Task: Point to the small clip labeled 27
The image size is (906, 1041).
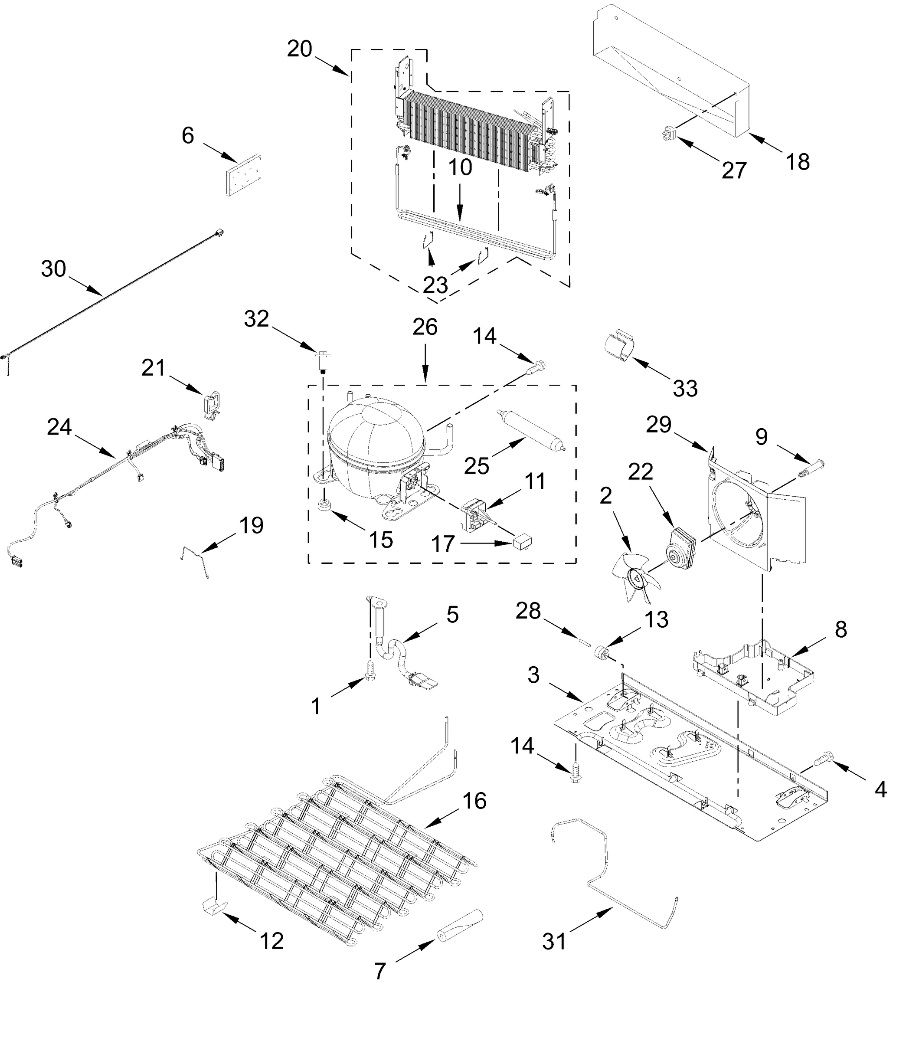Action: pos(669,134)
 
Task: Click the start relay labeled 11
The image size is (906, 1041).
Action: pos(475,513)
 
